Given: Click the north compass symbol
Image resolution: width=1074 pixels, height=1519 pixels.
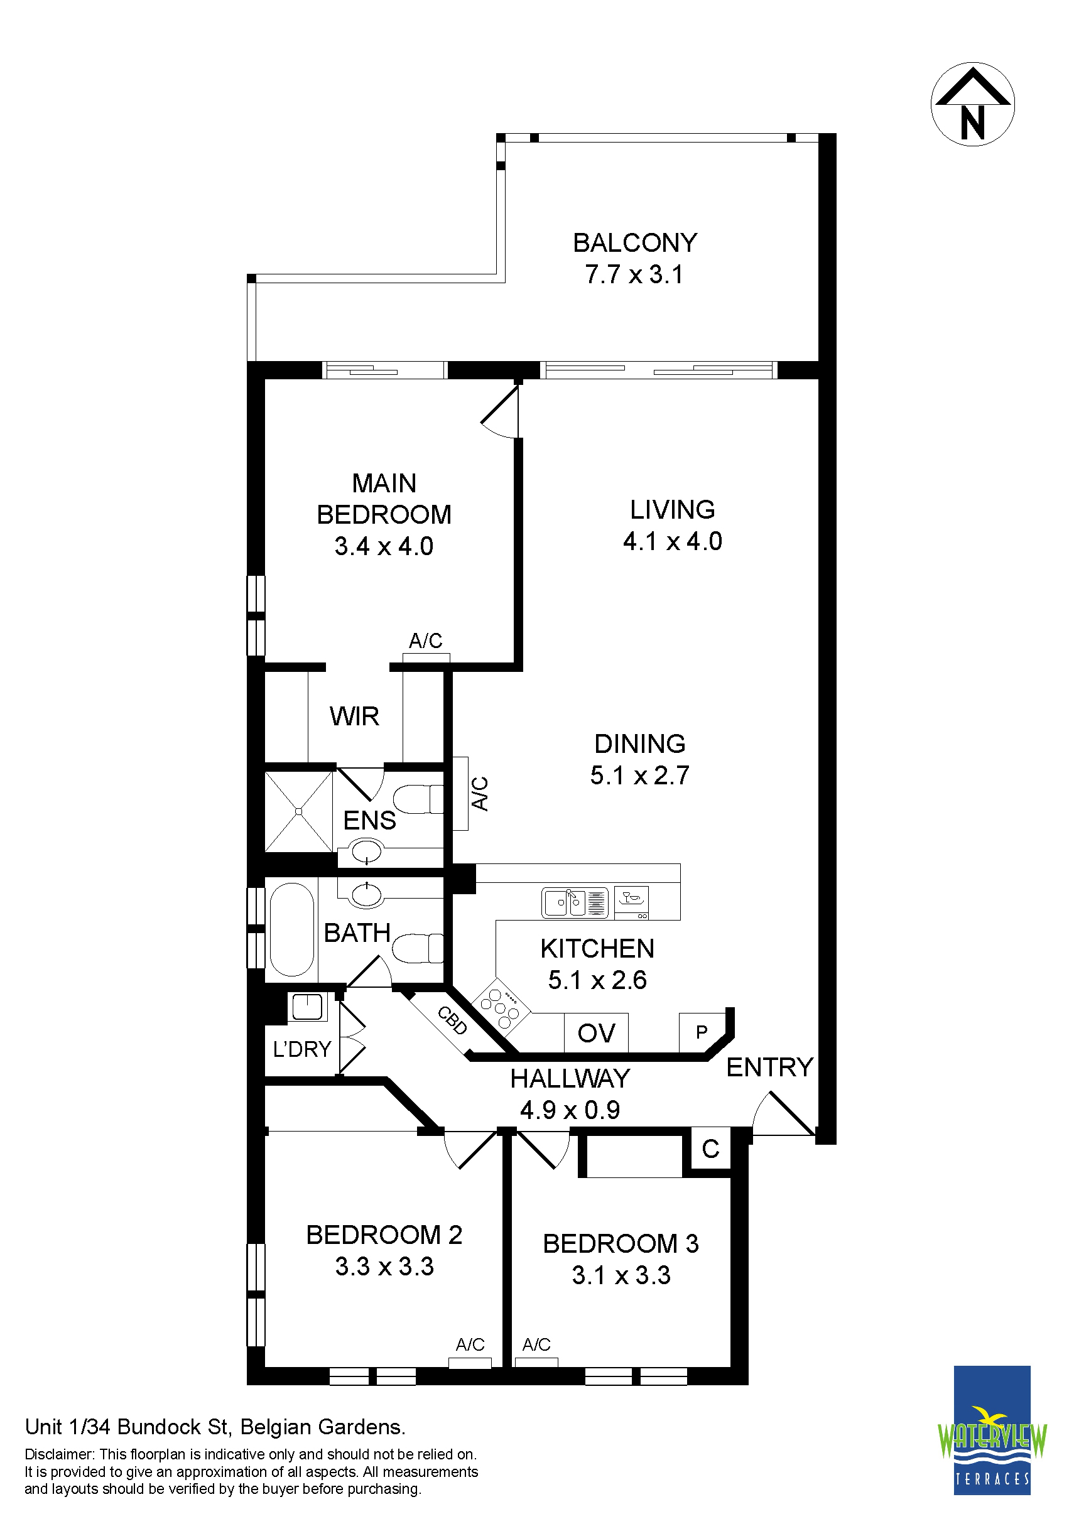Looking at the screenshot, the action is coord(972,104).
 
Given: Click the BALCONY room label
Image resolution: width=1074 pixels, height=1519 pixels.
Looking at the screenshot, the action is coord(634,243).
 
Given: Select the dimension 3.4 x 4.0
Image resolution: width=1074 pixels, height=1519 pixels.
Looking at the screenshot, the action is coord(384,546).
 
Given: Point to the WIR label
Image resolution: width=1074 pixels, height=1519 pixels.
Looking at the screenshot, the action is coord(354,716).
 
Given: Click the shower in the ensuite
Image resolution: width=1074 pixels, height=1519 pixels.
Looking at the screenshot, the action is coord(298,811).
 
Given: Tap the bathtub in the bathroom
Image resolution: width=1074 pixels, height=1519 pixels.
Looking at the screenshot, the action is coord(292,931).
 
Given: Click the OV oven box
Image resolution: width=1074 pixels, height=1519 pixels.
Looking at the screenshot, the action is coord(596,1033).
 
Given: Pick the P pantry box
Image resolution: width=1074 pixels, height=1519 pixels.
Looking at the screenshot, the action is coord(702,1032).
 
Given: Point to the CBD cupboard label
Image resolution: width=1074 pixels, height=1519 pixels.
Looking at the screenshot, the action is coord(453,1020).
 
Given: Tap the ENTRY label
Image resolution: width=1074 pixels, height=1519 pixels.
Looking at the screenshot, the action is coord(769,1067).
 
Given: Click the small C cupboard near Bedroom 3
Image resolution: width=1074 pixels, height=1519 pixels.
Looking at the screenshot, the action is coord(711,1149).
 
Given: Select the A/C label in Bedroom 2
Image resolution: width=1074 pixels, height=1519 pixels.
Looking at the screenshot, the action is coord(470,1344).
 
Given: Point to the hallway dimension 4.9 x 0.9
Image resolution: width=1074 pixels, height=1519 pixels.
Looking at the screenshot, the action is coord(570,1110).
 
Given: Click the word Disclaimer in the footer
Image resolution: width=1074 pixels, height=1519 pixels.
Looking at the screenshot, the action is coord(60,1454).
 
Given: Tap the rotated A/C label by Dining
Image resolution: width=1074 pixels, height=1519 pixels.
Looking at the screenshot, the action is coord(479,794).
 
